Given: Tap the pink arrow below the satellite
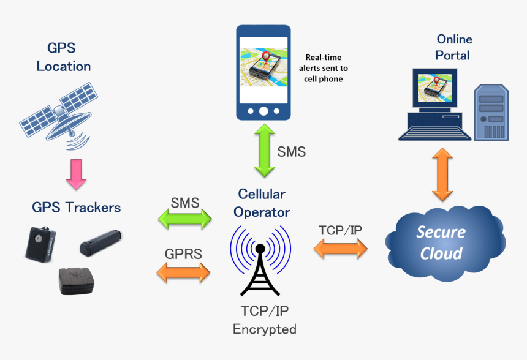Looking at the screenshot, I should click(76, 174).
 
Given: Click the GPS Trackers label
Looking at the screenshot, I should click(76, 207).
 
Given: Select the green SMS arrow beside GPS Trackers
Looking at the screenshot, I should click(184, 219).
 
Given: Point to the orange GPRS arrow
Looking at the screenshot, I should click(183, 271).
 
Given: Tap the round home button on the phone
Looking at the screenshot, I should click(263, 111).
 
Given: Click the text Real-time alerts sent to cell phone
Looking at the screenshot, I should click(323, 68).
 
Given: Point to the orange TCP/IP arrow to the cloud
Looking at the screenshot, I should click(340, 247).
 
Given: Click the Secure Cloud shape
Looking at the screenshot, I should click(441, 242).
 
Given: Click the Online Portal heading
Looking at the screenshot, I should click(453, 47).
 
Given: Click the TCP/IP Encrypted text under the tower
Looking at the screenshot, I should click(265, 321).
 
